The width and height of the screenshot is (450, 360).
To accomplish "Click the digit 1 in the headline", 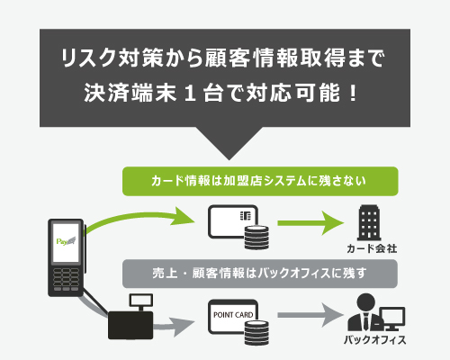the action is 190,93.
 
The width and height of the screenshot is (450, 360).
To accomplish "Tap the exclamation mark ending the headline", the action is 353,93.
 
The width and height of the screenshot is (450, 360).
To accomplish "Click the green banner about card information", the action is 260,181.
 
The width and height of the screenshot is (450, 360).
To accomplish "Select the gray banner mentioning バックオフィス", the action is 260,274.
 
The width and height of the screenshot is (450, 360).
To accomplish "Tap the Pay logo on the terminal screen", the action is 66,241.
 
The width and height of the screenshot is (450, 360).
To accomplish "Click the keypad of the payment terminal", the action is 66,280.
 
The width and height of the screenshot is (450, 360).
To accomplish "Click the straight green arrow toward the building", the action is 310,223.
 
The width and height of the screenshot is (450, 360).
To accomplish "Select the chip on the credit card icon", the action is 246,215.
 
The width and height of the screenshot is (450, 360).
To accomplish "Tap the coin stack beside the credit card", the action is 256,238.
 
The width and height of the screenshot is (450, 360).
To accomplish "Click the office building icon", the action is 369,222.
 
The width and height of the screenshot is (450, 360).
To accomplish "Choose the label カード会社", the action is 372,248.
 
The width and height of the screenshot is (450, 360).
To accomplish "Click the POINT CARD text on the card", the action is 233,315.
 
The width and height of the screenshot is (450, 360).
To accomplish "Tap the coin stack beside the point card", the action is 256,332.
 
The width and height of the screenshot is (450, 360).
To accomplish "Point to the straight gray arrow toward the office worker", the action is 310,315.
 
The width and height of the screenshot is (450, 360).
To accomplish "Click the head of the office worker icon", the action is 365,302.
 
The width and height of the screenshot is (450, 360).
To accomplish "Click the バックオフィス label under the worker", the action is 375,340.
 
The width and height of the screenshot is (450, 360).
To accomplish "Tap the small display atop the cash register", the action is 140,300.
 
